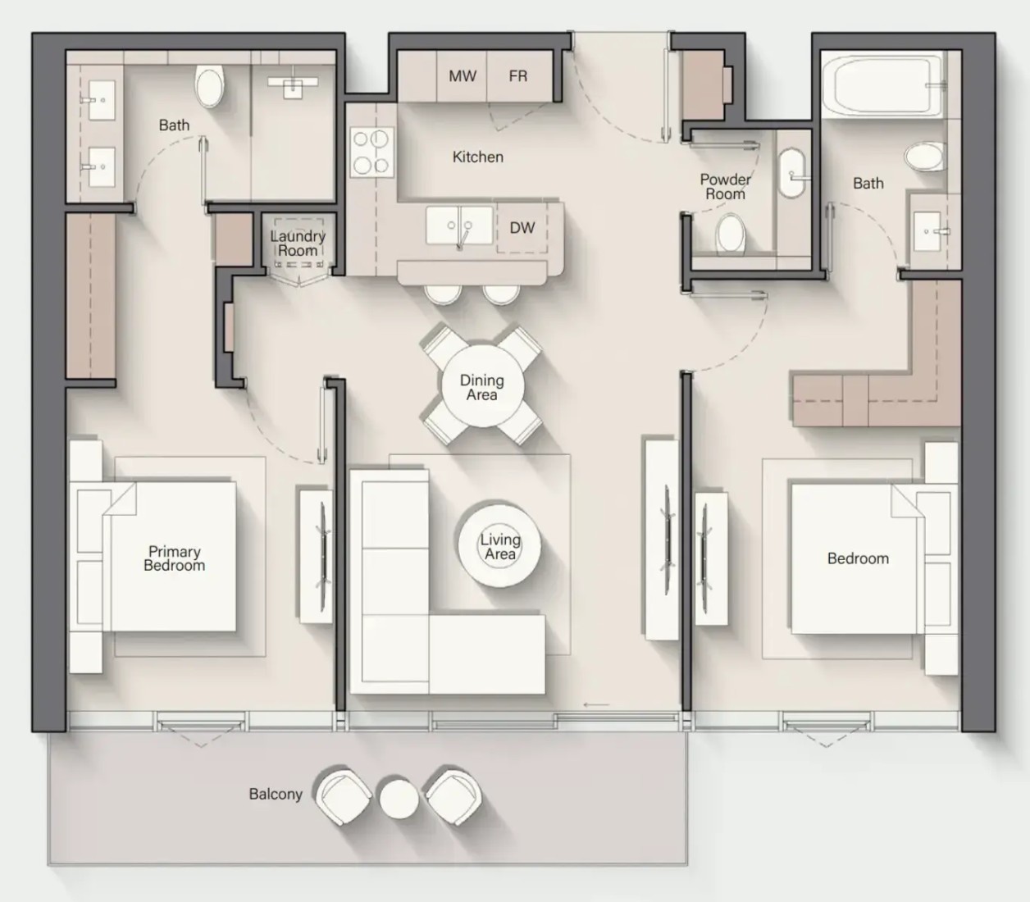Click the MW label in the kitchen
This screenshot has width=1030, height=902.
tap(463, 76)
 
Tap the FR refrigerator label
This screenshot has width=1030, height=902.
tap(518, 76)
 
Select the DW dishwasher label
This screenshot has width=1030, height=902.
tap(522, 228)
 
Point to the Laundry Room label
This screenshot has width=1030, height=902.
tap(298, 243)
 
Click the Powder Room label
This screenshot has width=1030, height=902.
tap(725, 186)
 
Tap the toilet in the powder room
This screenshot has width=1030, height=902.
tap(731, 233)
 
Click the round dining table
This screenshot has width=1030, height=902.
tap(482, 386)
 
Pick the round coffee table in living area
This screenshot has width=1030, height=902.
tap(499, 546)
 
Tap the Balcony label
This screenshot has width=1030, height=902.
tap(276, 795)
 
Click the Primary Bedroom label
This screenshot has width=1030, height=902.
tap(174, 558)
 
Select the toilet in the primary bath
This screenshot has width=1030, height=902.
tap(209, 87)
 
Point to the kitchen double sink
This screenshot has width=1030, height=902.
tap(459, 225)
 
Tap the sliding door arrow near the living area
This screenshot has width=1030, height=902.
tap(596, 705)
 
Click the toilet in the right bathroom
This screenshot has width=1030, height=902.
tap(923, 157)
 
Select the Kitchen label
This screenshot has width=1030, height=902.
tap(478, 157)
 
